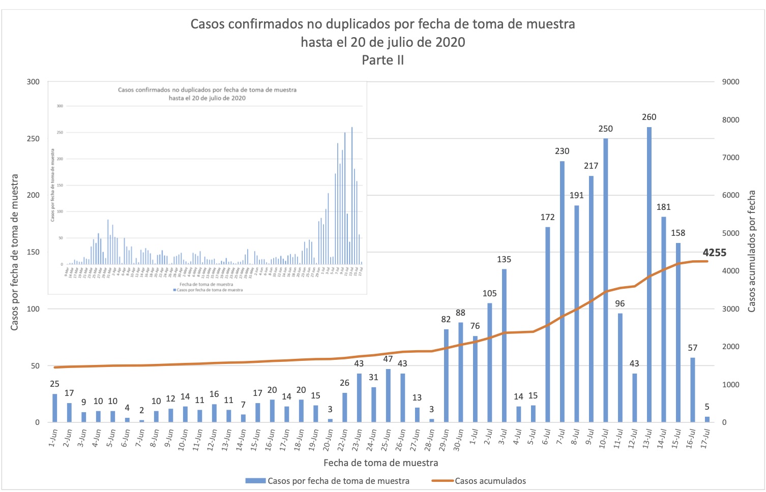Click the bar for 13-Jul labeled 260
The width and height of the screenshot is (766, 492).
[649, 274]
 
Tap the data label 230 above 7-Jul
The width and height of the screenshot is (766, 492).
[562, 151]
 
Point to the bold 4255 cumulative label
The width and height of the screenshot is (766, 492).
[714, 253]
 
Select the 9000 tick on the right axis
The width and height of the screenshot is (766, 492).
[730, 82]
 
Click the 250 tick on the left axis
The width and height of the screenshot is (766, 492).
[33, 139]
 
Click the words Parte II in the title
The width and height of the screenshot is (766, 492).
[382, 60]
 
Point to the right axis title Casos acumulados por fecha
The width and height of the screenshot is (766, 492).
[752, 252]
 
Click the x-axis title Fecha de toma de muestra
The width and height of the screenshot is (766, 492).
[380, 463]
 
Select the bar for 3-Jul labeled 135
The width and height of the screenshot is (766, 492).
[504, 346]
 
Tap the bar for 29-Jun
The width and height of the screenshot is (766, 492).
[446, 376]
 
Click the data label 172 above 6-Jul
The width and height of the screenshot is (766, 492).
[547, 217]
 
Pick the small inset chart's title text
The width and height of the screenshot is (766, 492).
[207, 94]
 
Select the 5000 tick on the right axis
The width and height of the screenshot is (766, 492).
[730, 233]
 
